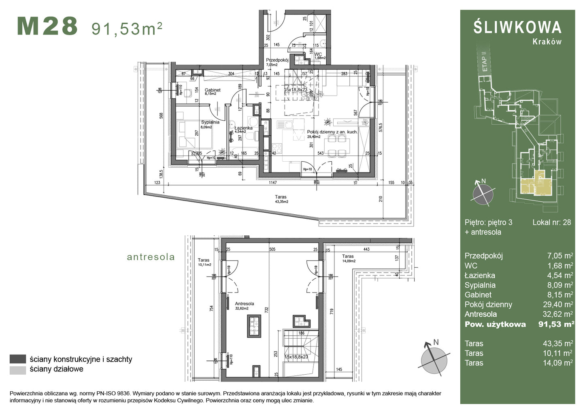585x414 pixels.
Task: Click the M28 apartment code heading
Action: (x=47, y=26)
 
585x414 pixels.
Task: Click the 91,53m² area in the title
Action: (x=127, y=28)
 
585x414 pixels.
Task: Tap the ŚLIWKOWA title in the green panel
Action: (x=517, y=27)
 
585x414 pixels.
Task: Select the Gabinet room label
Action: (x=212, y=90)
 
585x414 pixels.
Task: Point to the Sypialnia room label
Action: (x=210, y=122)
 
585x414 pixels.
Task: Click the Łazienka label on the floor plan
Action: (x=243, y=128)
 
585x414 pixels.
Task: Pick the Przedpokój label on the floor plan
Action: (x=277, y=60)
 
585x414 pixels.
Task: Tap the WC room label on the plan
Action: (x=318, y=54)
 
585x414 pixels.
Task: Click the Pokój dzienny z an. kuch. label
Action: (x=332, y=132)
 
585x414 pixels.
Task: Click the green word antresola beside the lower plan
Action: (x=151, y=257)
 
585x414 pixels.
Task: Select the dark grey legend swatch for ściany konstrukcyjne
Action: (x=18, y=359)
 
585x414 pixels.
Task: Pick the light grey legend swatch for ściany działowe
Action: (x=18, y=369)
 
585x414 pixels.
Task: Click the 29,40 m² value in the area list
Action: (x=559, y=305)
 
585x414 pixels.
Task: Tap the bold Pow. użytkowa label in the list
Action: (x=495, y=324)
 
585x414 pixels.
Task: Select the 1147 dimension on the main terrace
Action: (x=273, y=183)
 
